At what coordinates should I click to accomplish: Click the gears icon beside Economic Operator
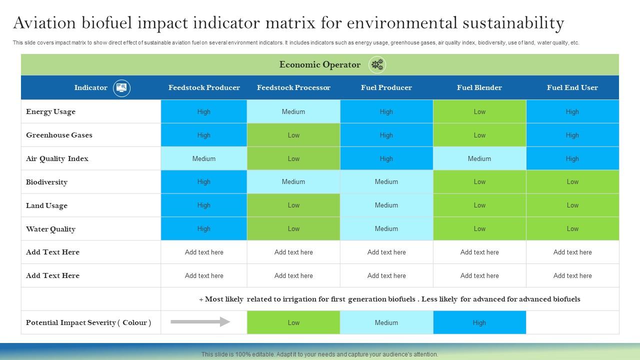click(x=377, y=64)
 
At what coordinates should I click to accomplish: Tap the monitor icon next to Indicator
click(x=121, y=88)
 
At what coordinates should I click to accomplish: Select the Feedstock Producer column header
click(x=204, y=87)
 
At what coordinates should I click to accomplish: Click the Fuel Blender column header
click(x=479, y=87)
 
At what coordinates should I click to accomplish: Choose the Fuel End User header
click(x=572, y=87)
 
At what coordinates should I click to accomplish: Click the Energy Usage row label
click(x=50, y=111)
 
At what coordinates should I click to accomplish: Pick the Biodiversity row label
click(x=46, y=182)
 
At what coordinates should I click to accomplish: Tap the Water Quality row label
click(x=50, y=229)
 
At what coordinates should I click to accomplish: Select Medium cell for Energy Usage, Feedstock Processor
click(x=293, y=111)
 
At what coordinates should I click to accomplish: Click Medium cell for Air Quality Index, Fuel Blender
click(x=479, y=158)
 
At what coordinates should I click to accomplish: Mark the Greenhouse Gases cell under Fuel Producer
click(x=386, y=135)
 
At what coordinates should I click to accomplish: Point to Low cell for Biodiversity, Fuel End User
click(x=572, y=182)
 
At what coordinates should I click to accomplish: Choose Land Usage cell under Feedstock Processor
click(x=293, y=205)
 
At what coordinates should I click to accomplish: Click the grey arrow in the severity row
click(x=200, y=322)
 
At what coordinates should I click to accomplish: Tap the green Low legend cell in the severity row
click(x=293, y=322)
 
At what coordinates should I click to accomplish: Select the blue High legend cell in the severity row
click(x=479, y=322)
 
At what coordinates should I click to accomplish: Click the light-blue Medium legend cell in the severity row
click(x=386, y=322)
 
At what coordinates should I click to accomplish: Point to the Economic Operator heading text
click(x=319, y=64)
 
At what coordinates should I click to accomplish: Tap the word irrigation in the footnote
click(x=305, y=299)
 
